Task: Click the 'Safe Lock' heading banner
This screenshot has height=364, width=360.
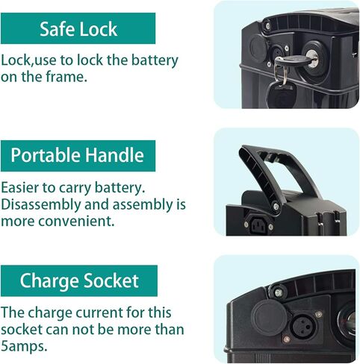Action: (78, 28)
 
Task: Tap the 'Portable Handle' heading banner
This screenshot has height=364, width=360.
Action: (78, 156)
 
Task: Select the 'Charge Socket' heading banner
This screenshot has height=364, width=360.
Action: (79, 280)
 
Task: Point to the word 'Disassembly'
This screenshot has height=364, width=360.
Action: (41, 205)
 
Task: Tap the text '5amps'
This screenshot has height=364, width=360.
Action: (23, 346)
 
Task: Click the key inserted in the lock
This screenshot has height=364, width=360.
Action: (295, 60)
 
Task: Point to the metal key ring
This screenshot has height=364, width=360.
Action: (280, 72)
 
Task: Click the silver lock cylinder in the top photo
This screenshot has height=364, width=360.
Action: (312, 58)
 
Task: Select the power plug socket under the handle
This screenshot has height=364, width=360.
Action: (258, 225)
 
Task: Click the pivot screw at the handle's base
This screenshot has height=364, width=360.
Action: (276, 206)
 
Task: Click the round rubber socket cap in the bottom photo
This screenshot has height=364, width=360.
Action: (269, 318)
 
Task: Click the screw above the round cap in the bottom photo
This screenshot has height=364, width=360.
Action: (279, 293)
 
